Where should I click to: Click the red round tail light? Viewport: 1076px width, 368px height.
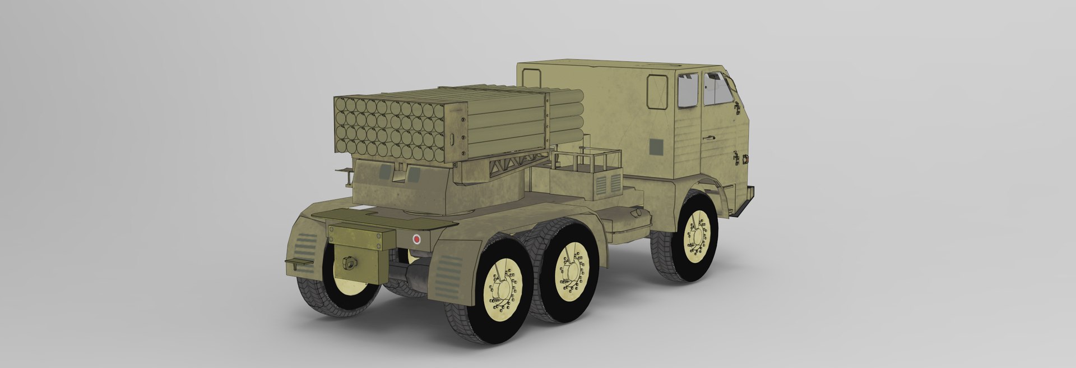click(x=416, y=239)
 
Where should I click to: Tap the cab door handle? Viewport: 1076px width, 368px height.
click(x=710, y=136)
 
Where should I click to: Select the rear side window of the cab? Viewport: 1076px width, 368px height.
click(x=688, y=91)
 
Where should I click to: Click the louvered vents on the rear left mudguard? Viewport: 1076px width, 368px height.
click(x=304, y=246)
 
